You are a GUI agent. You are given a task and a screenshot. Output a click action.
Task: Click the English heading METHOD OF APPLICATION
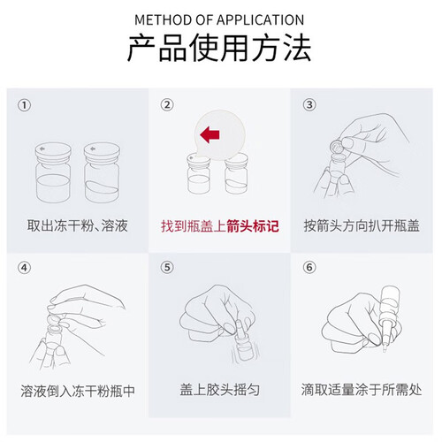click(x=219, y=20)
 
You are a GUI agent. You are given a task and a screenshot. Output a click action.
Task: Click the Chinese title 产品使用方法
click(x=219, y=48)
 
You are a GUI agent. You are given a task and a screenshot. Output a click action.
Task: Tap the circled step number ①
click(x=24, y=105)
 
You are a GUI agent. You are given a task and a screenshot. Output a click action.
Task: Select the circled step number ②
click(x=167, y=104)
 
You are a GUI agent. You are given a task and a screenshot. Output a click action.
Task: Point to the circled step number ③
click(x=309, y=104)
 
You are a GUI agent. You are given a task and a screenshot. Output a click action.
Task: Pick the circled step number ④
click(x=24, y=268)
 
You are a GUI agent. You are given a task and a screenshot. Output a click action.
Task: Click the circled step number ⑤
click(x=167, y=267)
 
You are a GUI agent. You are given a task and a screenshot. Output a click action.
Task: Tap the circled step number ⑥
click(x=309, y=267)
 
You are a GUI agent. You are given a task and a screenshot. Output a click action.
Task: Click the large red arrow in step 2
click(x=210, y=134)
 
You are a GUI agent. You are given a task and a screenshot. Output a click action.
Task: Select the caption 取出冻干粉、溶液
click(x=78, y=225)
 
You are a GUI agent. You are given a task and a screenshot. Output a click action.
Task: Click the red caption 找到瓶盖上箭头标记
click(x=220, y=226)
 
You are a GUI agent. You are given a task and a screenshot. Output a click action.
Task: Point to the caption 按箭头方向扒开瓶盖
click(x=362, y=225)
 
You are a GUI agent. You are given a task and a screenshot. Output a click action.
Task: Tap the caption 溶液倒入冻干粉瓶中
click(x=78, y=391)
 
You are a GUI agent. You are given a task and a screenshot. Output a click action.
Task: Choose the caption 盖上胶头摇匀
click(x=220, y=390)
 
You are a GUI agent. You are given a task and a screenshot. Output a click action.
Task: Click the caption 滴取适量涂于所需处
click(x=362, y=390)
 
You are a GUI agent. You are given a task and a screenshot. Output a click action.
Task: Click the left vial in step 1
click(x=53, y=172)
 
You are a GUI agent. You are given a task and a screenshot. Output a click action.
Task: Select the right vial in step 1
click(x=102, y=172)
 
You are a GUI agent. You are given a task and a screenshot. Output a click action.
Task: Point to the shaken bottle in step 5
click(x=243, y=342)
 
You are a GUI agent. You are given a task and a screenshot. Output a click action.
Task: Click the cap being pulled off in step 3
click(x=336, y=145)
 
